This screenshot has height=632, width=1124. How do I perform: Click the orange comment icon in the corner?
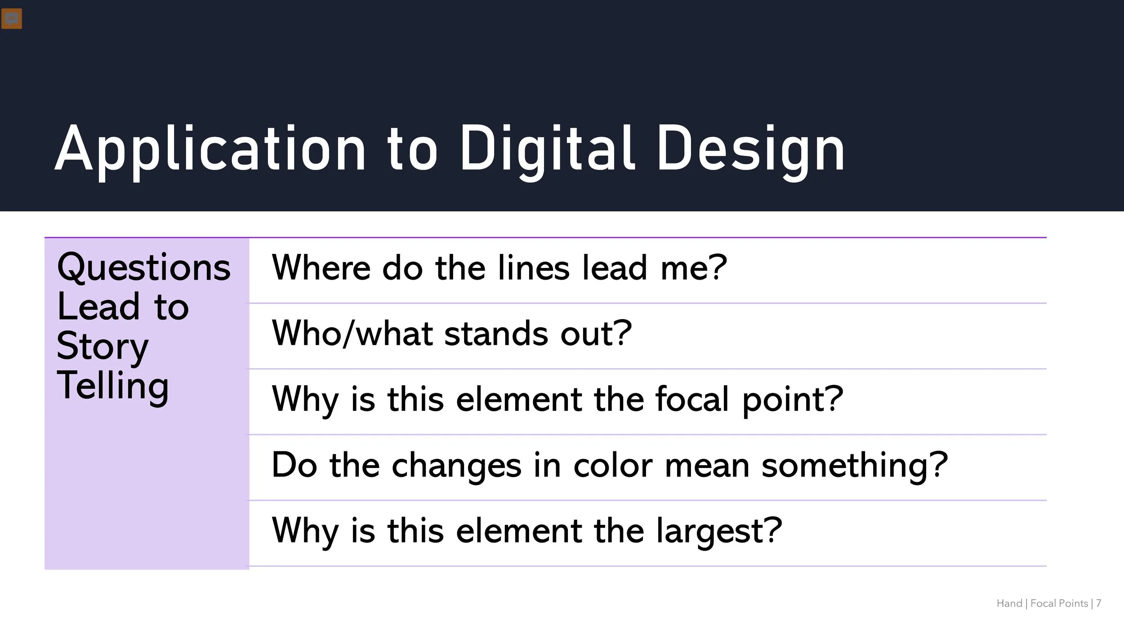12,19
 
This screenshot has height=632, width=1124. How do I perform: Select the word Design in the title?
750,149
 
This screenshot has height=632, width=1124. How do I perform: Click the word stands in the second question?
496,334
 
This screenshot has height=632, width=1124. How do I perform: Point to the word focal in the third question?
692,399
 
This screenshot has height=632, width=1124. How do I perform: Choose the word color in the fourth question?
613,465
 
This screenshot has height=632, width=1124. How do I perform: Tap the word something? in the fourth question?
855,465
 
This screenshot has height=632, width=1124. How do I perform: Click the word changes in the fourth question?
456,465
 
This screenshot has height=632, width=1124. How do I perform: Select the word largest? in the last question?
719,531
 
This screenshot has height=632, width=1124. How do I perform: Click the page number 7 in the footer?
1098,603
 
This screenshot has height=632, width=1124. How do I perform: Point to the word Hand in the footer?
1009,603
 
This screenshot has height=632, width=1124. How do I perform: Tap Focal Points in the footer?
1059,603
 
